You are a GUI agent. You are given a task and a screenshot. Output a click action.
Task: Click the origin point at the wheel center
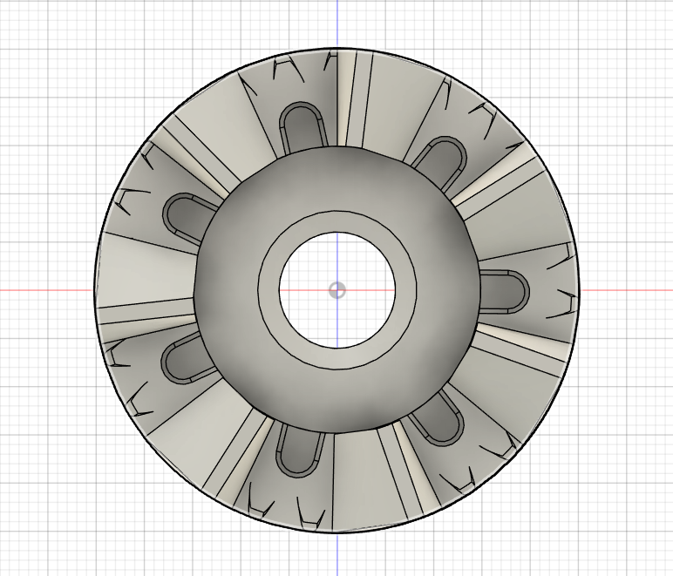337,290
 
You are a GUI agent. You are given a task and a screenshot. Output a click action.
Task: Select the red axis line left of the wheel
44,290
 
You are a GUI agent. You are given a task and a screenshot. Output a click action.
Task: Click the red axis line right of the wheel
628,290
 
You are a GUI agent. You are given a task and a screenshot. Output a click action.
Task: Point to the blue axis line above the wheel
337,22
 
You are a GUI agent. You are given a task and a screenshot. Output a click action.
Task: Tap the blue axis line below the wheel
337,553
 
